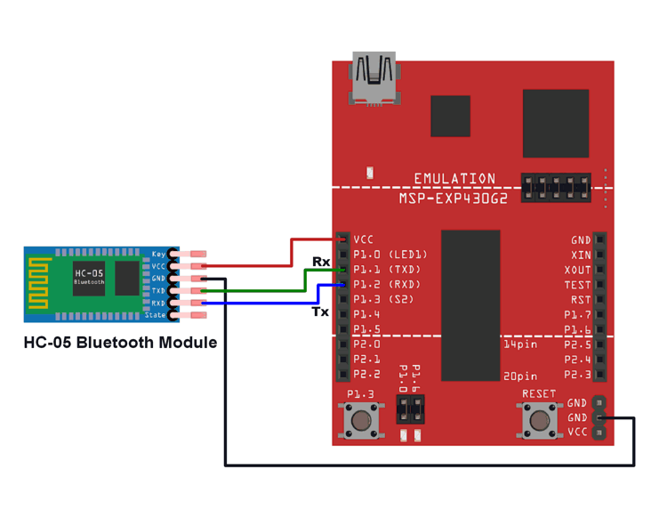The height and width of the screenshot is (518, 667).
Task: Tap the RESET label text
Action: pos(539,393)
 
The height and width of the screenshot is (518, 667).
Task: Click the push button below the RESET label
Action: pos(539,418)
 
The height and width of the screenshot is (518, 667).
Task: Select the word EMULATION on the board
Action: pos(454,179)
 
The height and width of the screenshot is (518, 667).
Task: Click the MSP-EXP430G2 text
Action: pos(454,198)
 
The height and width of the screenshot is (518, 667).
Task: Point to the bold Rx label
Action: pos(320,262)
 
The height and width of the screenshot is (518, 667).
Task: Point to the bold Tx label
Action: pos(320,312)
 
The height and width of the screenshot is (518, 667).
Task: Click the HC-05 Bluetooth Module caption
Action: pos(120,342)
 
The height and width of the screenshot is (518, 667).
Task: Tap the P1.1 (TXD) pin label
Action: pos(387,270)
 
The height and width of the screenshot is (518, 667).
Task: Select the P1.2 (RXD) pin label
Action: pos(387,285)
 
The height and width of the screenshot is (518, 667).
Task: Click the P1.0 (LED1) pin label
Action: pos(390,255)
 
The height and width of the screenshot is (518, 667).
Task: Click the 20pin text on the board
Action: pos(520,376)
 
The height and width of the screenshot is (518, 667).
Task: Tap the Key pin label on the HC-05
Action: pos(157,255)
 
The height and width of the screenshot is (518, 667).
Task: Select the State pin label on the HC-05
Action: pos(155,315)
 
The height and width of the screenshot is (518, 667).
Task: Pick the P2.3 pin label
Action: pos(578,375)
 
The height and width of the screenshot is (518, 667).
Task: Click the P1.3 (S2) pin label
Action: pos(383,300)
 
